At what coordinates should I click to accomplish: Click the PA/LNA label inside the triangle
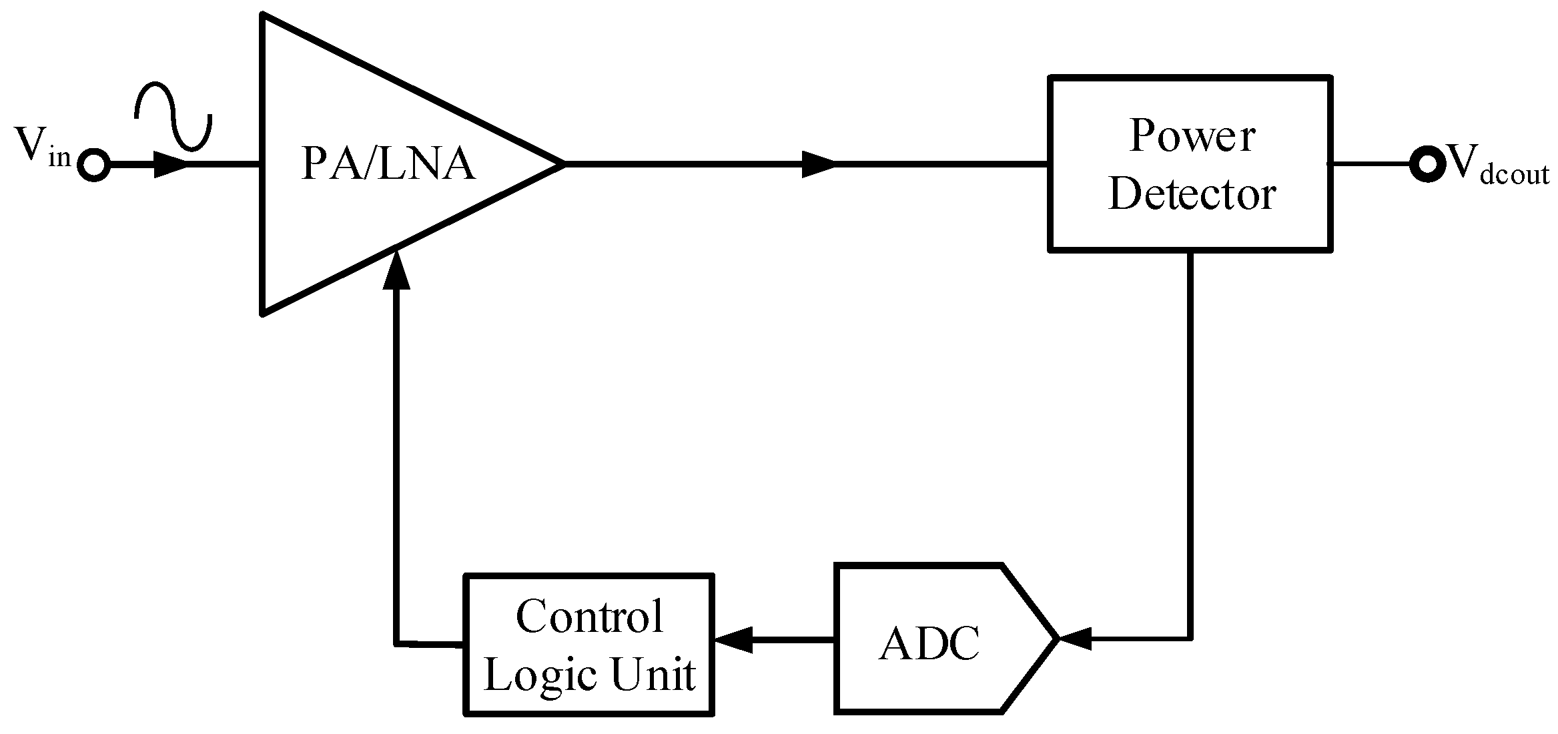[x=388, y=164]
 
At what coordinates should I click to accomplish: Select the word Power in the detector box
[x=1192, y=137]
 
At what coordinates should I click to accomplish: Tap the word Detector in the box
[x=1192, y=194]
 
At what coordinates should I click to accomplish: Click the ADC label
[x=929, y=644]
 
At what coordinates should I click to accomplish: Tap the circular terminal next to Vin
[x=93, y=164]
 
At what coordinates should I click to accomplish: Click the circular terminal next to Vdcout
[x=1426, y=163]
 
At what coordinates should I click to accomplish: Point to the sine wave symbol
[x=173, y=115]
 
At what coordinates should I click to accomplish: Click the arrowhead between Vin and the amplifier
[x=170, y=164]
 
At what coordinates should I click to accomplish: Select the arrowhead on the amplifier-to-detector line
[x=817, y=163]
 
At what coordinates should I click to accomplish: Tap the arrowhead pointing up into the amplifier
[x=396, y=270]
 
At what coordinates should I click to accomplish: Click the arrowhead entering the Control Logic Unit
[x=733, y=640]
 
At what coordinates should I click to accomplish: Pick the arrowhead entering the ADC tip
[x=1074, y=639]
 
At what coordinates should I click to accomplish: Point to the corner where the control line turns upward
[x=397, y=643]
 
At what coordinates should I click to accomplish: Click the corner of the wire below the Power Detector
[x=1190, y=639]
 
